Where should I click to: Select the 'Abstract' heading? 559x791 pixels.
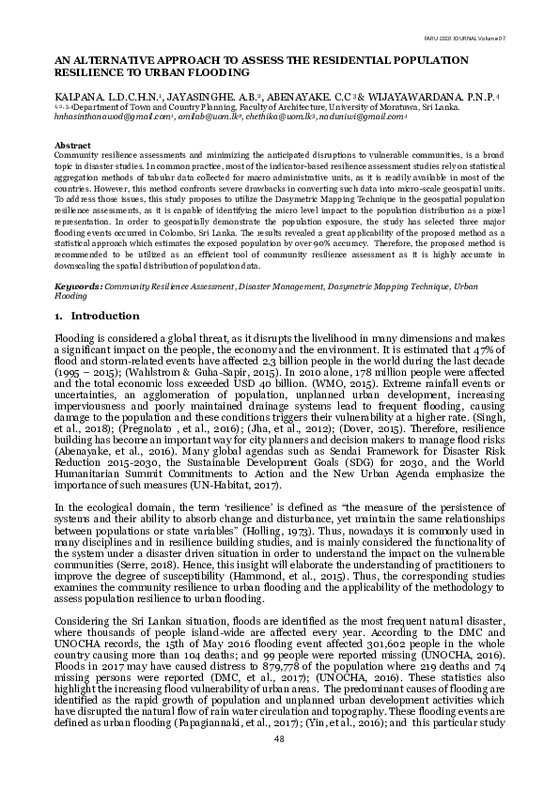click(x=72, y=147)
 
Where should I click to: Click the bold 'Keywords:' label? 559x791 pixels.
click(x=79, y=285)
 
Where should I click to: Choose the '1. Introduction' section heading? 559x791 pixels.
click(x=98, y=317)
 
